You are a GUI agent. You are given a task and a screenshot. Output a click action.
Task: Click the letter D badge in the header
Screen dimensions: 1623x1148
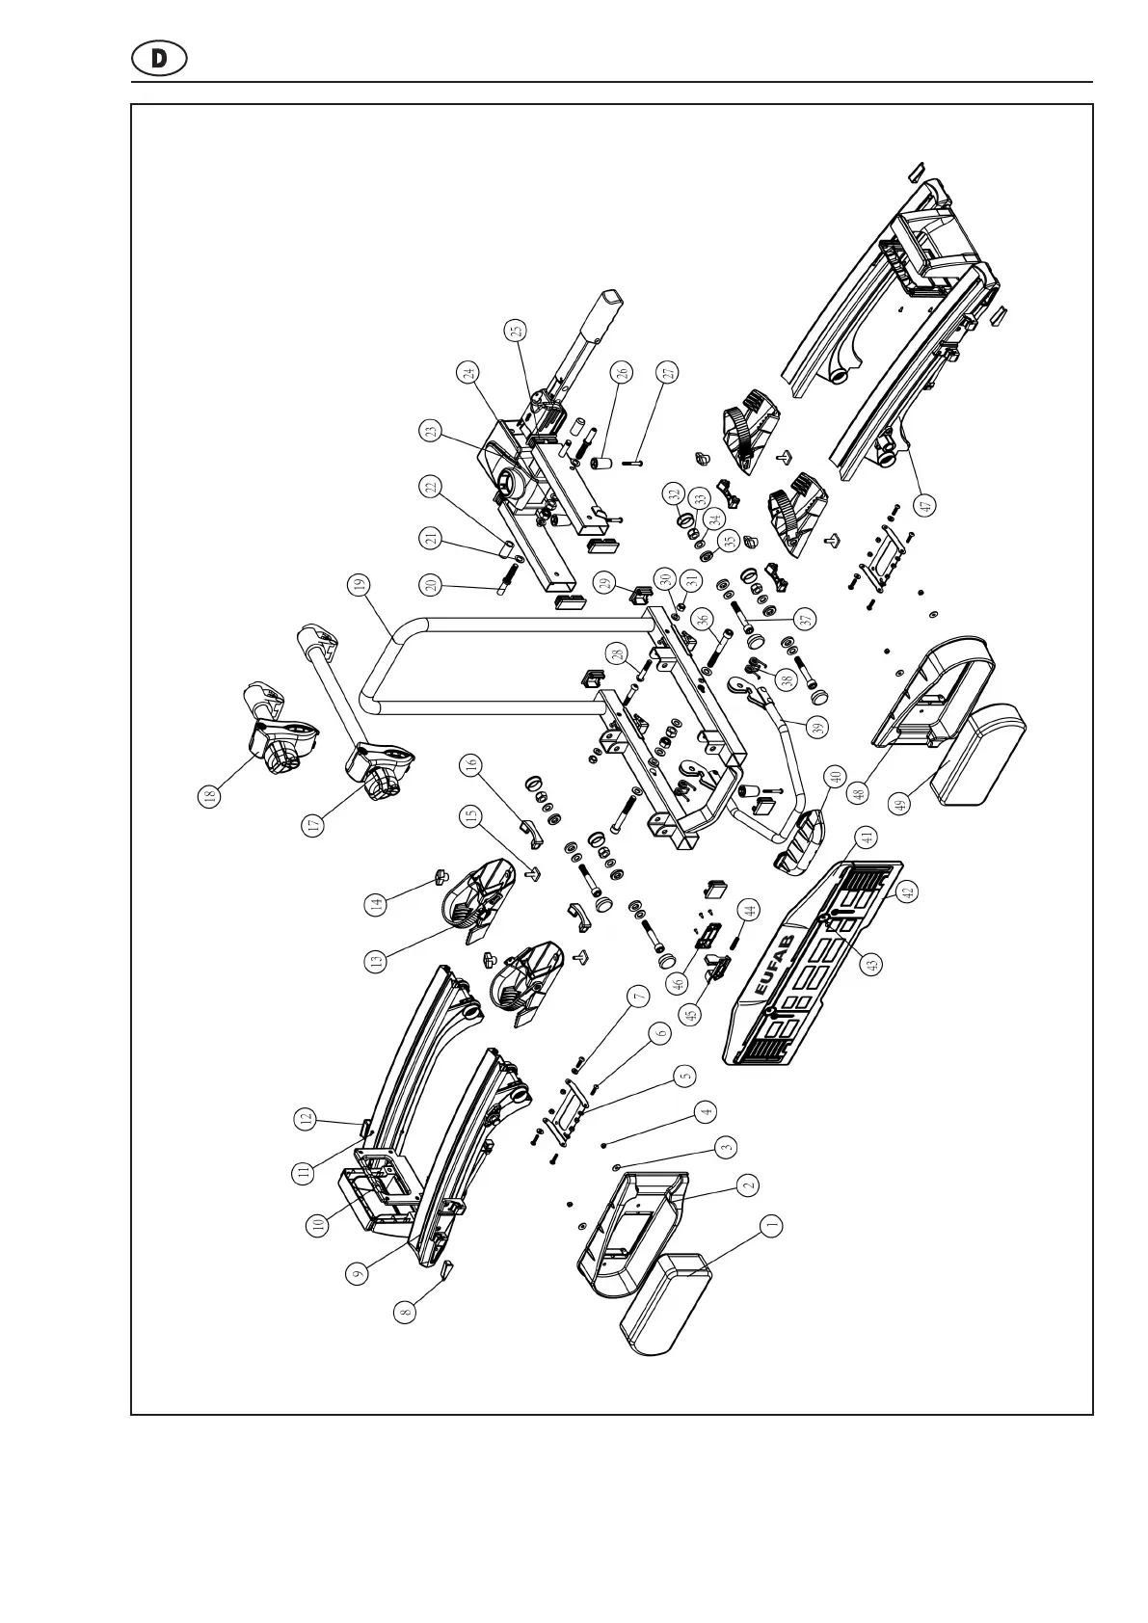(159, 59)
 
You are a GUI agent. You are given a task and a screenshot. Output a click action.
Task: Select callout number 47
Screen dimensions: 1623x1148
(926, 503)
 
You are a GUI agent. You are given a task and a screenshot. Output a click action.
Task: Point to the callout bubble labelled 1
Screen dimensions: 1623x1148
(770, 1226)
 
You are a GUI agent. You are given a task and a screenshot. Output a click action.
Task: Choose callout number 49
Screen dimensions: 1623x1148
(900, 804)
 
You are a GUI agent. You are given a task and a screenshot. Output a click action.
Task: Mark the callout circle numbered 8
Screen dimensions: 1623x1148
(407, 1311)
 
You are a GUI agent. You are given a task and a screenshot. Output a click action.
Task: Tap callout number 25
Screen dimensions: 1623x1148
(518, 331)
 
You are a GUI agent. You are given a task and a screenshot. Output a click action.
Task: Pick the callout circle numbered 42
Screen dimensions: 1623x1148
(906, 893)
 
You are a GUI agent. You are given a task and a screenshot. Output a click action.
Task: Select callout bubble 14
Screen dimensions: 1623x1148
(376, 904)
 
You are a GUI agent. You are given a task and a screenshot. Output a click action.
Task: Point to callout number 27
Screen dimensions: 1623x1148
(668, 372)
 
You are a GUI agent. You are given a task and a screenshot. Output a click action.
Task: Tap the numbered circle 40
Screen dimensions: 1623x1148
(834, 776)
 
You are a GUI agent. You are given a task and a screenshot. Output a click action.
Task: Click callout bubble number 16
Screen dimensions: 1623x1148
(470, 766)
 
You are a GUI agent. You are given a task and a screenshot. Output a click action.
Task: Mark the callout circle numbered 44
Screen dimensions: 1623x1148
(746, 909)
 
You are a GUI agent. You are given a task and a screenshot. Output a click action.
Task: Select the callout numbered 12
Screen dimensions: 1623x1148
(305, 1120)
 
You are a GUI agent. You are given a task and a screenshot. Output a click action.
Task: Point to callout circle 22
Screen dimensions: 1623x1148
(431, 488)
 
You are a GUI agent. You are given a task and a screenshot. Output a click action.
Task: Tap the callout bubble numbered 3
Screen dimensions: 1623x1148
(727, 1147)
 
